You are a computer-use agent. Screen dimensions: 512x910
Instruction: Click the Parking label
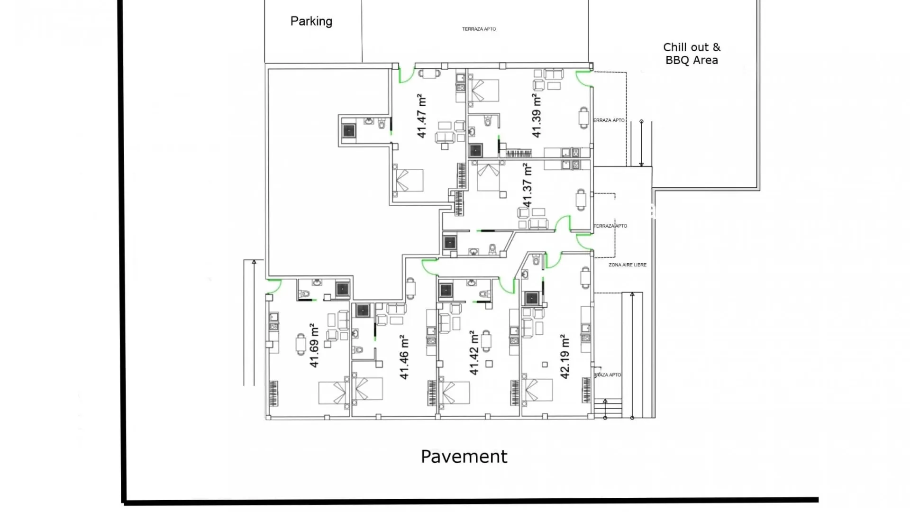tap(311, 21)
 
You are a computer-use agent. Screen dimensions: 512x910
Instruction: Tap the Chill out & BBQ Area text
tap(692, 54)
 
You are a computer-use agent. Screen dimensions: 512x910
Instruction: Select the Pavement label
tap(464, 457)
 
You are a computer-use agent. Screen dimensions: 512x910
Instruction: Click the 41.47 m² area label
tap(421, 116)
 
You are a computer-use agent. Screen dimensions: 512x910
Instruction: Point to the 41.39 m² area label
tap(536, 116)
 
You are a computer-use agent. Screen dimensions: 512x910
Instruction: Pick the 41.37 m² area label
tap(527, 185)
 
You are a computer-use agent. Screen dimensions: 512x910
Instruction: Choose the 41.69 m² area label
tap(314, 345)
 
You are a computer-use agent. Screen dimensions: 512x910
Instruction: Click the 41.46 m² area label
tap(403, 357)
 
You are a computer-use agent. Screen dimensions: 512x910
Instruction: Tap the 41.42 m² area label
tap(473, 353)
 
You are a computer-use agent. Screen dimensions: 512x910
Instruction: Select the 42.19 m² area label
tap(564, 357)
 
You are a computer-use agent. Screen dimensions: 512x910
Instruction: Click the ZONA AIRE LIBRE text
tap(627, 265)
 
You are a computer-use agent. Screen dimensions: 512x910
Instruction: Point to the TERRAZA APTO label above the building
tap(479, 29)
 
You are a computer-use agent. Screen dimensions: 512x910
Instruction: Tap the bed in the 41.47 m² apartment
tap(408, 181)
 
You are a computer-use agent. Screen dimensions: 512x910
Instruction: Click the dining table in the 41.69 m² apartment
tap(300, 344)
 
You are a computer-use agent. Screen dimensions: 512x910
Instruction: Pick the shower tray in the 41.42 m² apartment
tap(446, 290)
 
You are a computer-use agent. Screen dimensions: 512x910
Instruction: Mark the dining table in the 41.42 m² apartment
tap(486, 340)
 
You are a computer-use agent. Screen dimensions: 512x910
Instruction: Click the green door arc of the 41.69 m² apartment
tap(274, 286)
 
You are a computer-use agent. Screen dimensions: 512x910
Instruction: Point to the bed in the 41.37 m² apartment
tap(489, 176)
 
